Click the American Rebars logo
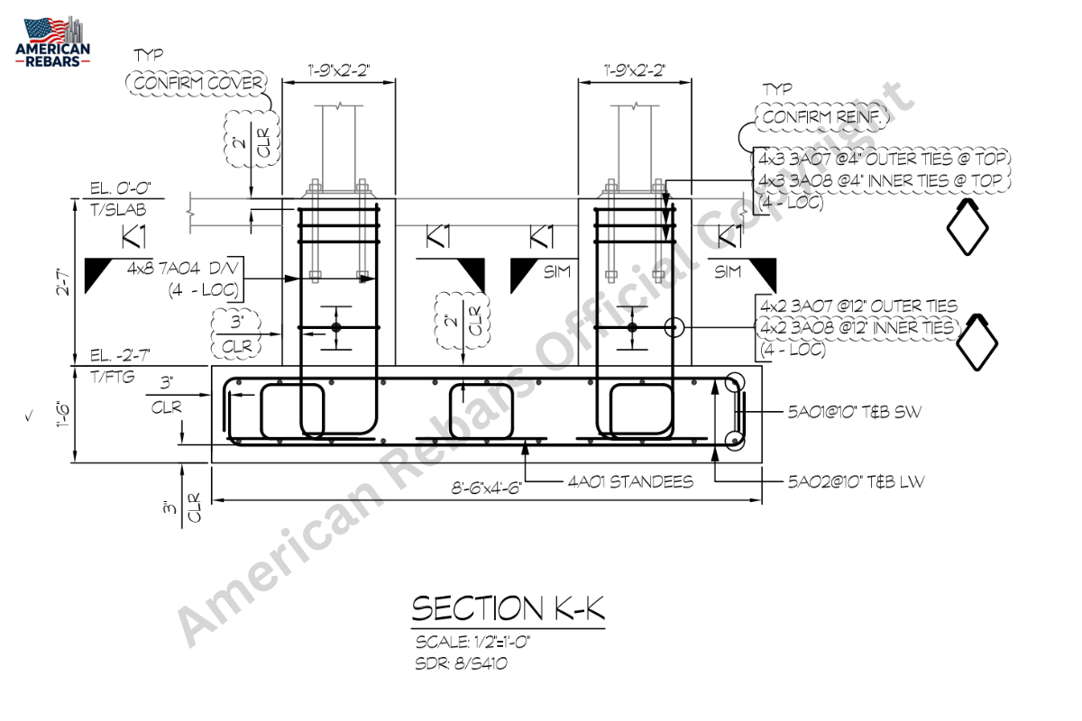tap(52, 41)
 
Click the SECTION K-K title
tap(508, 608)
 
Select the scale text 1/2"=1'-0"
tap(502, 643)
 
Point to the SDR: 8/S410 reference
tap(462, 663)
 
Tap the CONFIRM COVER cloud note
tap(197, 83)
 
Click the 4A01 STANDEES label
tap(630, 481)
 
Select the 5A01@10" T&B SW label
tap(855, 412)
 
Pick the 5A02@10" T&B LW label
tap(856, 481)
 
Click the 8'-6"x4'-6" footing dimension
tap(486, 488)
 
